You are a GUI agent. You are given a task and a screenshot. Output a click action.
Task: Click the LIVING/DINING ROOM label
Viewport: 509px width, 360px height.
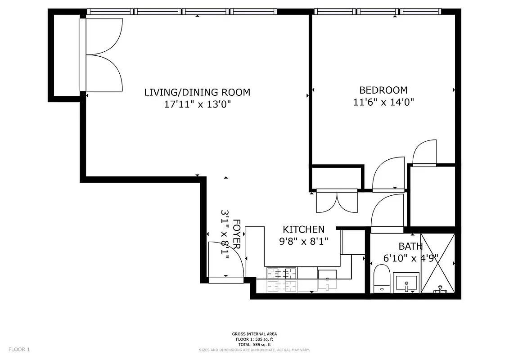(x=197, y=92)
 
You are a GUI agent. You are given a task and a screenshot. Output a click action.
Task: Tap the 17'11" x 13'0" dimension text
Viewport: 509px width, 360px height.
(x=197, y=104)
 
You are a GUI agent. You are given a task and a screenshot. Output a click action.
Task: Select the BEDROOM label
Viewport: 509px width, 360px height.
(x=383, y=90)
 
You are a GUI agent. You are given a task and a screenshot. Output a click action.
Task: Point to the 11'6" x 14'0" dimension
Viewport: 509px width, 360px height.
(x=383, y=102)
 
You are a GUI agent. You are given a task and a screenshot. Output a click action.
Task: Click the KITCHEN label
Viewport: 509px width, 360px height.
(x=303, y=229)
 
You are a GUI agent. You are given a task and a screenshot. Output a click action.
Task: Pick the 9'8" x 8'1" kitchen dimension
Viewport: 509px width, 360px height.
(x=303, y=241)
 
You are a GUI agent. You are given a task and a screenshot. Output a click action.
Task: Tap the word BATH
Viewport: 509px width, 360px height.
(x=410, y=246)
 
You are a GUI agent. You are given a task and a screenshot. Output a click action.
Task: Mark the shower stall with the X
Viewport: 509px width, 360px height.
(x=438, y=263)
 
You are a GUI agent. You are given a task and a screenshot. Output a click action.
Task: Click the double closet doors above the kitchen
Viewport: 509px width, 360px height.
(x=337, y=202)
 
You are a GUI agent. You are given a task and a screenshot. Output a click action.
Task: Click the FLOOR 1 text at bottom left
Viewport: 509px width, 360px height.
(x=19, y=349)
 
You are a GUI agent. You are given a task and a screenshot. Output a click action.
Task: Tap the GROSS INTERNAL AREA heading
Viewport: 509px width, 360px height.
(x=254, y=334)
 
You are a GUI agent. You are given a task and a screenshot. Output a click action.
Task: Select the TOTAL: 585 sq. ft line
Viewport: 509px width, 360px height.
(x=254, y=344)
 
